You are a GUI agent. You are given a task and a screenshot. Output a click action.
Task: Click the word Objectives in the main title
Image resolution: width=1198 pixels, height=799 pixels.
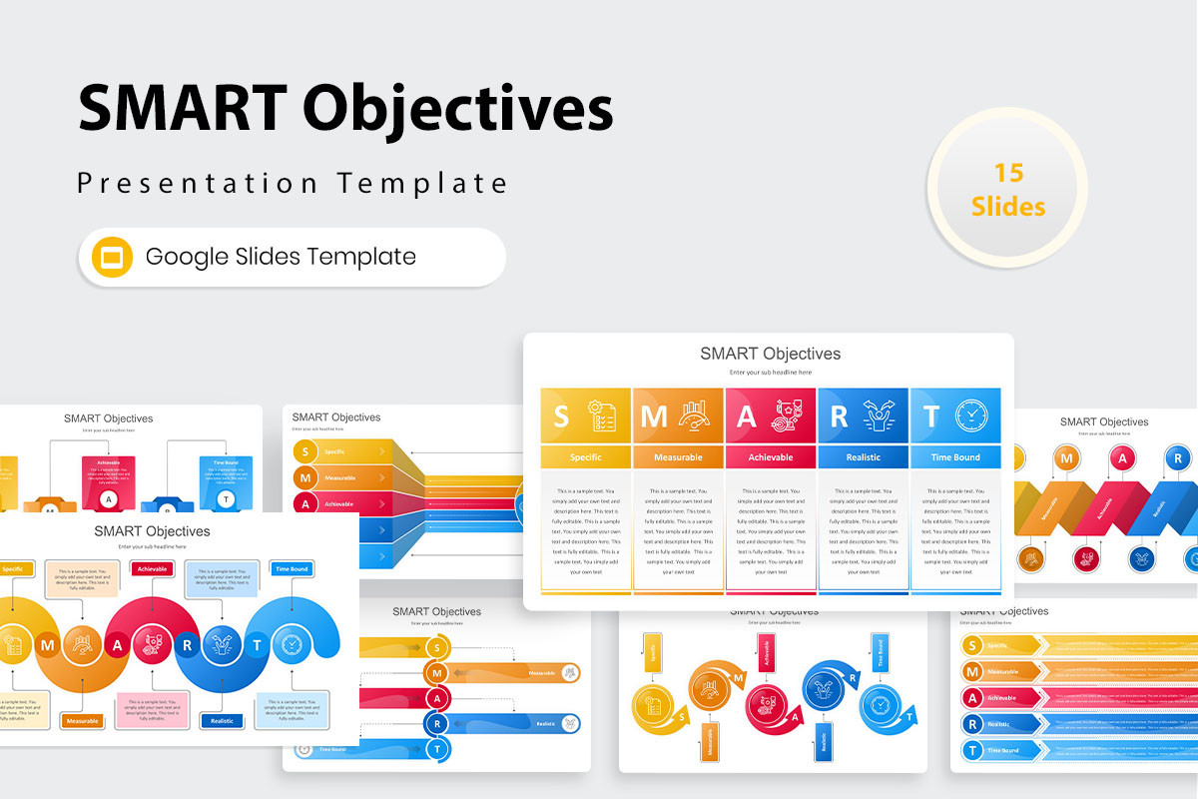(x=459, y=108)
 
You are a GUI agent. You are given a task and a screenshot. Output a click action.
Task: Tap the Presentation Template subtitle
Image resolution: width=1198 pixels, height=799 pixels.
(x=293, y=184)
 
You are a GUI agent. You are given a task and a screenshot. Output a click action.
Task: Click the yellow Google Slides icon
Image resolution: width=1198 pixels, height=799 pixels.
(x=113, y=257)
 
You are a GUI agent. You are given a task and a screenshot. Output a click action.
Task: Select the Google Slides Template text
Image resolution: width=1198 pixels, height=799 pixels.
(x=281, y=257)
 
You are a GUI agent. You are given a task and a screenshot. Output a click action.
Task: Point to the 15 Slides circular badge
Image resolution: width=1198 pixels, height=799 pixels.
(x=1007, y=189)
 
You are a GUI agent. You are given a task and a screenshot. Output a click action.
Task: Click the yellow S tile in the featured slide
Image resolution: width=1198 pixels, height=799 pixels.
(x=585, y=415)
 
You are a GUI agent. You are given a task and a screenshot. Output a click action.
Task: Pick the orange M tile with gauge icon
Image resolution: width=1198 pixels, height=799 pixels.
(x=678, y=415)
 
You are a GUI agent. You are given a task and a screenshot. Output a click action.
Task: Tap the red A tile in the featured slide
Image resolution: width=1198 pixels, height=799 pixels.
(x=771, y=415)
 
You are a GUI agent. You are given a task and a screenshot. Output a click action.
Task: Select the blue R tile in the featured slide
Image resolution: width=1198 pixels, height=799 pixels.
(x=863, y=415)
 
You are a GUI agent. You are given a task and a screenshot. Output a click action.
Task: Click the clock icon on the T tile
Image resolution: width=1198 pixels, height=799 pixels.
(x=970, y=415)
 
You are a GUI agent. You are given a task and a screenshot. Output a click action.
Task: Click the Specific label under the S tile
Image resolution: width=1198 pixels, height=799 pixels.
(x=585, y=457)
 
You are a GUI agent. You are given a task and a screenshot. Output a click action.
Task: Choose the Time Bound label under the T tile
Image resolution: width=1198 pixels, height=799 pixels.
(x=954, y=457)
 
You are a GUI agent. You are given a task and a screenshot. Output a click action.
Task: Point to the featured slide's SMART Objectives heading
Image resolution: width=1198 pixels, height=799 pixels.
(x=770, y=354)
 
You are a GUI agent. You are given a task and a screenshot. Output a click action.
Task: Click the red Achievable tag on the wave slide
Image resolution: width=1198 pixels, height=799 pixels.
(x=152, y=568)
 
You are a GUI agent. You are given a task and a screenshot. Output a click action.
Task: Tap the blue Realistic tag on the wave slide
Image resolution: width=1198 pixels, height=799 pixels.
(x=222, y=720)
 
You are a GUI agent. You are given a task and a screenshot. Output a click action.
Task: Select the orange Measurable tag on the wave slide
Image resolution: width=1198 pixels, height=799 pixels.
(x=82, y=720)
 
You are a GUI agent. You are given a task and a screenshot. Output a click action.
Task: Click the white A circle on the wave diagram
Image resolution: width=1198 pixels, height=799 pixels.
(x=118, y=644)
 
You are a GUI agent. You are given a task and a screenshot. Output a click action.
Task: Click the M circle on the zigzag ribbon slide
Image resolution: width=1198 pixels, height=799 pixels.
(x=1067, y=458)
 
